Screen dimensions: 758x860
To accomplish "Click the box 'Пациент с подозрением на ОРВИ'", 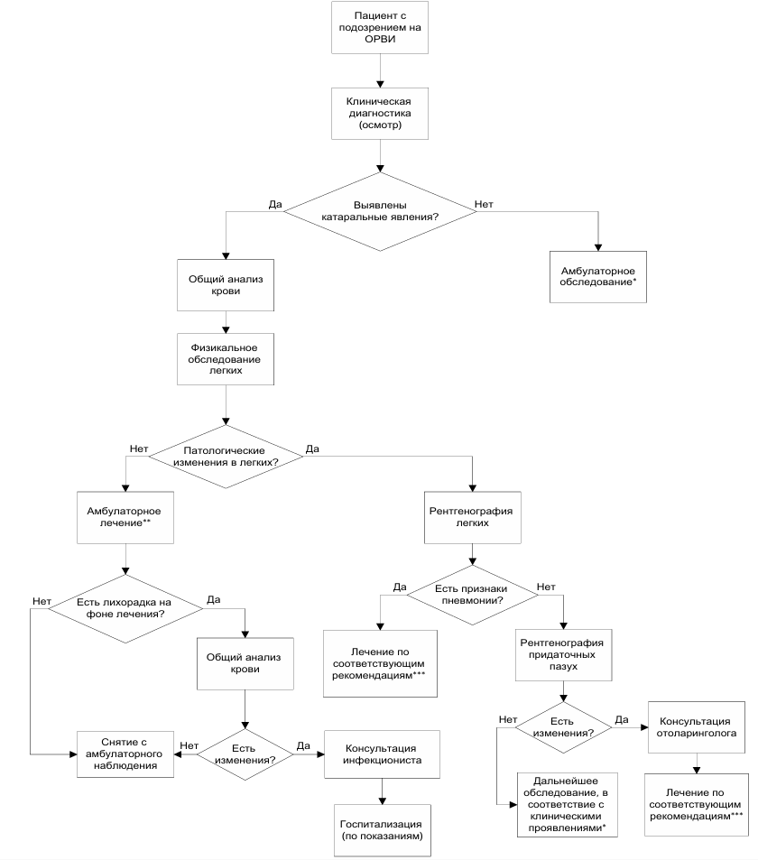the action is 380,27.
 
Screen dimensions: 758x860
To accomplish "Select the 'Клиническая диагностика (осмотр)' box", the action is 380,114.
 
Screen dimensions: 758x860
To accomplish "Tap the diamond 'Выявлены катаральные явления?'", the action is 380,212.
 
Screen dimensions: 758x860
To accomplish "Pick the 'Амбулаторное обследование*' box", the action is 598,277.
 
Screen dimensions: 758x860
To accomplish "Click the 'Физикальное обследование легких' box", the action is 226,359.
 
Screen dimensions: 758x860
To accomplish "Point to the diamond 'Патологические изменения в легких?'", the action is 226,457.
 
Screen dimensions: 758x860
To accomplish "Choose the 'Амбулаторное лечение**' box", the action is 125,517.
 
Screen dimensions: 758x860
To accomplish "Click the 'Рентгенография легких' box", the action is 472,517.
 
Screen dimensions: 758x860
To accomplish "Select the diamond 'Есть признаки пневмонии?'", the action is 472,595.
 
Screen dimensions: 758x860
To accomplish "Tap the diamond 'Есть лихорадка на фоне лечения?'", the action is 125,608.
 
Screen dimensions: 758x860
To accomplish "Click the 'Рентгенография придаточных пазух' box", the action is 563,655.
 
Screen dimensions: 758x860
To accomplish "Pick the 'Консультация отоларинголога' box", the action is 697,727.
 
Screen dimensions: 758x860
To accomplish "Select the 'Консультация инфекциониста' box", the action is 382,754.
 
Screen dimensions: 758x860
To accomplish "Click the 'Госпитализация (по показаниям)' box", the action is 383,830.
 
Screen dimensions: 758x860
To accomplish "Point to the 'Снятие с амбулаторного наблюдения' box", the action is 125,754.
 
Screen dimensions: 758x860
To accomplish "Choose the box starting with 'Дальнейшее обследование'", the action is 567,805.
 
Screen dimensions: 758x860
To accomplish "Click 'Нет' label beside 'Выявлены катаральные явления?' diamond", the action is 484,204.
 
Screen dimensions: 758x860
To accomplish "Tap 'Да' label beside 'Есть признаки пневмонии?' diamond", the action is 400,587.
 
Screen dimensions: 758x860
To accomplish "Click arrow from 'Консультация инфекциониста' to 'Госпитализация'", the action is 383,791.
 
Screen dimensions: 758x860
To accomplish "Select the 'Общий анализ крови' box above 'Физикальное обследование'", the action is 226,285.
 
